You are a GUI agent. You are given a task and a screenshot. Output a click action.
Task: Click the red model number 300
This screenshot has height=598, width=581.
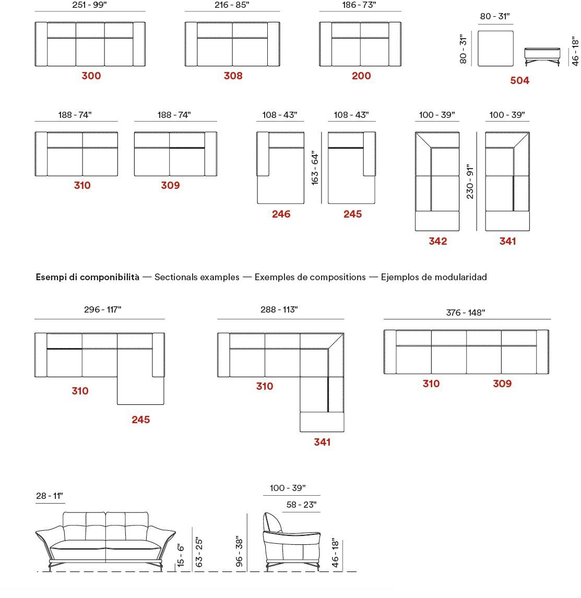(91, 76)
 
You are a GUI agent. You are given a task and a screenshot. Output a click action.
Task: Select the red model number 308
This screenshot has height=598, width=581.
(233, 76)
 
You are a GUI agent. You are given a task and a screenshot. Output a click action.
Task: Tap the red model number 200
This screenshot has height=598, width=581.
(361, 76)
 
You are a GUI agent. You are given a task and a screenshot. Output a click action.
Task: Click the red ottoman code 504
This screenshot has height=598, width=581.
(519, 80)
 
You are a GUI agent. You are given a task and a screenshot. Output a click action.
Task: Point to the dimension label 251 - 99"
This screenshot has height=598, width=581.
(90, 5)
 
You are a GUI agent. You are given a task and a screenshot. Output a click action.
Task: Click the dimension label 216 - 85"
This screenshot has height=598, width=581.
(232, 5)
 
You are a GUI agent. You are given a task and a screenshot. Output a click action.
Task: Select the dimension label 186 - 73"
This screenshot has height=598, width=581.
(359, 5)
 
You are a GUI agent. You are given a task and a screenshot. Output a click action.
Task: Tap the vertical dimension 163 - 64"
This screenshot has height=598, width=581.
(315, 168)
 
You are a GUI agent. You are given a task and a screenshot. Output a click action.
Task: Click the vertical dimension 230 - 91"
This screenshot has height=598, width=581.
(470, 182)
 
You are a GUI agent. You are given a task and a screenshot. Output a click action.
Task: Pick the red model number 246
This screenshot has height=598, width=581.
(281, 214)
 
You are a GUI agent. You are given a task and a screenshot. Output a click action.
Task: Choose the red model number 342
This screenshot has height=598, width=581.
(437, 241)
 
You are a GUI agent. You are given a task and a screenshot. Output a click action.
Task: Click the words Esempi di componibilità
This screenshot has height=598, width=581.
(87, 277)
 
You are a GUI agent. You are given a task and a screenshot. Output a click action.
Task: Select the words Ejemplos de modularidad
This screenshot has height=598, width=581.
(434, 277)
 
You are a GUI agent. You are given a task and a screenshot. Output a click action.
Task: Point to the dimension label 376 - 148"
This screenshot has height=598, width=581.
(466, 313)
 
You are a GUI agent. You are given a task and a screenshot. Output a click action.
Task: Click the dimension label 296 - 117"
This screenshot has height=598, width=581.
(103, 309)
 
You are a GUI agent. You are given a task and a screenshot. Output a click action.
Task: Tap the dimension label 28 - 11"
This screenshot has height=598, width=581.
(50, 496)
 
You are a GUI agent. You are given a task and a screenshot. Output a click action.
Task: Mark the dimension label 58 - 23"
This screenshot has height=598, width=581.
(301, 505)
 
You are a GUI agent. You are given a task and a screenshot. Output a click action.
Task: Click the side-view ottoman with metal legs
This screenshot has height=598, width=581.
(542, 56)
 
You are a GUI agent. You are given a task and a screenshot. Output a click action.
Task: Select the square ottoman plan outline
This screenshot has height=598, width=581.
(495, 49)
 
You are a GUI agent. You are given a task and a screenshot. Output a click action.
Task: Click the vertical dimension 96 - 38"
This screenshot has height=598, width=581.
(239, 551)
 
